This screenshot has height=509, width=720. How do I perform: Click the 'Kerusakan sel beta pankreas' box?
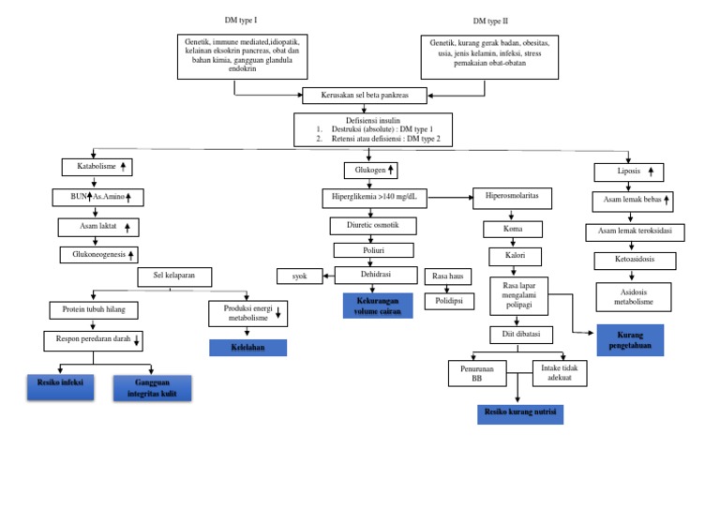click(x=365, y=96)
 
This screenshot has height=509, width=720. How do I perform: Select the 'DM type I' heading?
click(x=241, y=20)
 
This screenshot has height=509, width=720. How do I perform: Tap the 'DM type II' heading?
click(x=491, y=21)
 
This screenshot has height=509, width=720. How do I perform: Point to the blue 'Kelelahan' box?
click(x=247, y=348)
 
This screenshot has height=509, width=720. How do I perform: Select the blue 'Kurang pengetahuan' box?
click(x=630, y=340)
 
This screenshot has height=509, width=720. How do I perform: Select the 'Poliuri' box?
click(x=373, y=250)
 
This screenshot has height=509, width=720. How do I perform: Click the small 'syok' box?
click(x=300, y=276)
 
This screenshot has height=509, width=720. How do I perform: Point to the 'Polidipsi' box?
click(x=449, y=301)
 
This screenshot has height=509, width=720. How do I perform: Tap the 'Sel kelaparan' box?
click(x=174, y=277)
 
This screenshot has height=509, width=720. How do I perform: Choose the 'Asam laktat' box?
click(x=98, y=227)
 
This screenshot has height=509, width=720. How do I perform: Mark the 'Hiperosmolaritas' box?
click(x=512, y=198)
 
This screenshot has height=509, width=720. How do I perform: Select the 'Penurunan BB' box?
click(x=477, y=373)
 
